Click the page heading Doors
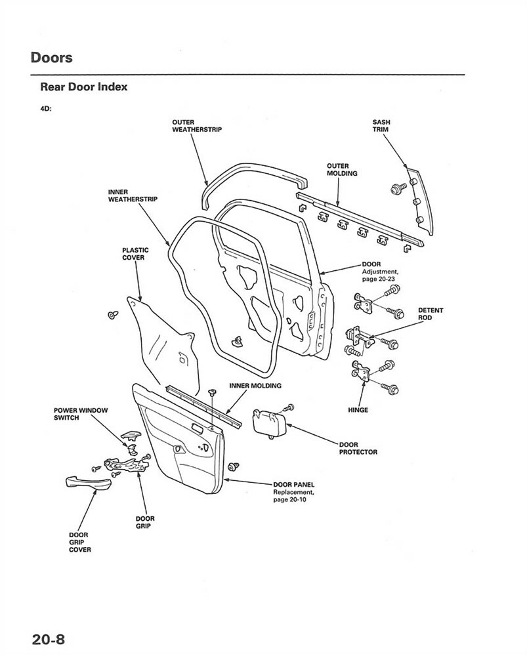(51, 57)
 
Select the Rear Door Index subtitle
(84, 87)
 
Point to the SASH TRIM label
(381, 126)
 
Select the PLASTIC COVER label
(135, 253)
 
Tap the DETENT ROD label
(431, 314)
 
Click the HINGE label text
(358, 410)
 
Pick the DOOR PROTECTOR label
(358, 448)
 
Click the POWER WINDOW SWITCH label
(80, 413)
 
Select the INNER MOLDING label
(255, 386)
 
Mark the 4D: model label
(46, 109)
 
